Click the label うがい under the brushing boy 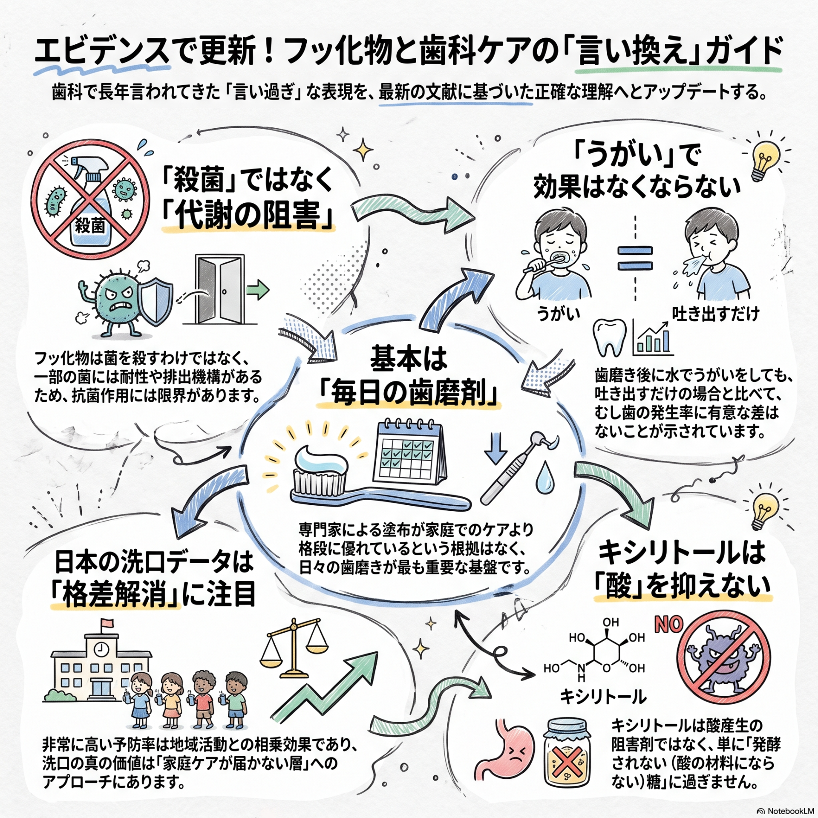(559, 314)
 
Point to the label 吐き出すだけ (716, 314)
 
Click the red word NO (668, 625)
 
